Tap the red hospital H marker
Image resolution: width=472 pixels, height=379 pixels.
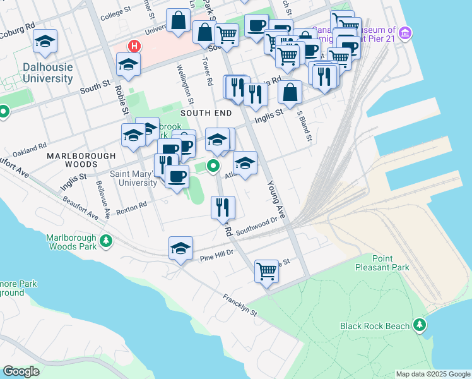pos(134,45)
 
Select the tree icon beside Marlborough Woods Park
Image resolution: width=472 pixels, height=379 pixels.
pos(107,241)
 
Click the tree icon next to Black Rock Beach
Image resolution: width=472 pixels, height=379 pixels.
pos(419,325)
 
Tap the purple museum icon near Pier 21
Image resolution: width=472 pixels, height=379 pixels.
pos(406,32)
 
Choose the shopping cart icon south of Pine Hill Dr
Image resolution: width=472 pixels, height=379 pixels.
pos(266,272)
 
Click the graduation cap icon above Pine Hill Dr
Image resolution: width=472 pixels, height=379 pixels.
pos(180,248)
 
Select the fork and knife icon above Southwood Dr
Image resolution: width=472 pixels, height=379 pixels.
pos(223,207)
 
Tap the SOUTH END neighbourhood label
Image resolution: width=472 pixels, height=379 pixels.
pos(206,112)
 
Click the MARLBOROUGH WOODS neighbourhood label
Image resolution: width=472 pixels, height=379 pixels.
pos(81,160)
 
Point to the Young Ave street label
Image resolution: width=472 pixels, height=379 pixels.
pos(276,200)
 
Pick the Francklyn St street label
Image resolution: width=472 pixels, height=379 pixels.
pos(239,304)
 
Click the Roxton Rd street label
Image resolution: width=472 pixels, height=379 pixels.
pos(132,205)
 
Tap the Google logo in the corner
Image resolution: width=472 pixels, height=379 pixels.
pos(21,371)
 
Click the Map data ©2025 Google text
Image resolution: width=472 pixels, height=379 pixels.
pos(433,374)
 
